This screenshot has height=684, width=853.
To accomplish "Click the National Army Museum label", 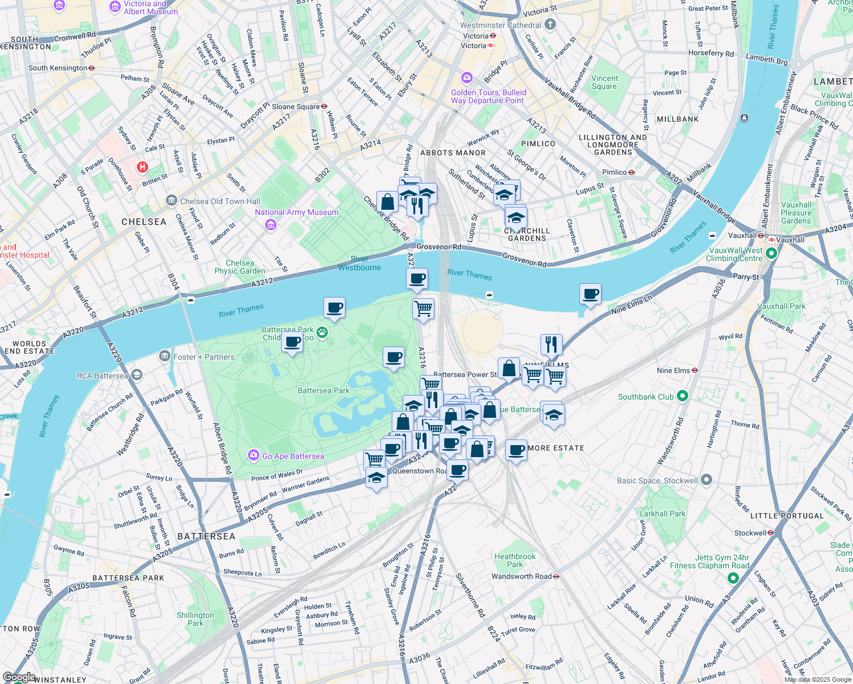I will tap(296, 212).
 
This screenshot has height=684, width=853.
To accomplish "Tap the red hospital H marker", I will tap(143, 168).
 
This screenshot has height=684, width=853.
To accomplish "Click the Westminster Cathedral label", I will tap(501, 25).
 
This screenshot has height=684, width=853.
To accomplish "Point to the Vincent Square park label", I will tap(604, 82).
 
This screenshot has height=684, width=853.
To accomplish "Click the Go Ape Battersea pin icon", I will tap(253, 455).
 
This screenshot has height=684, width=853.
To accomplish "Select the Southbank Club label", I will tap(646, 397).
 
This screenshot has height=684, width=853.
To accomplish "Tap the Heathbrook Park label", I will tap(515, 560).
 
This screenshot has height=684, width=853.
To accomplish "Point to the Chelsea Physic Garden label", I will tap(239, 267).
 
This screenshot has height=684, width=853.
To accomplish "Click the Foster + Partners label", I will tap(204, 357).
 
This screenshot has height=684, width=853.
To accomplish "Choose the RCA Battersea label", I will tap(103, 376).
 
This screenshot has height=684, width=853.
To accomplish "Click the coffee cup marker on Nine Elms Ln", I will tap(591, 295).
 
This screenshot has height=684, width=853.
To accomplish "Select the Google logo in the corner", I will tap(18, 677).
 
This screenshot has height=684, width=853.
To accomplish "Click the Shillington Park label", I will tap(195, 619).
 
